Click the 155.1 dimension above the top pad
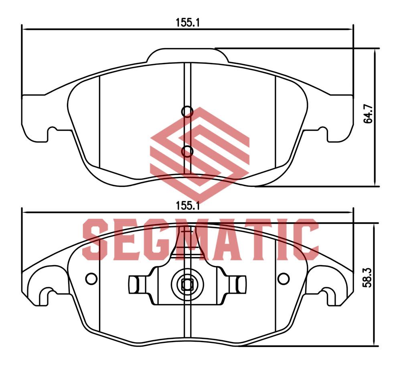point(187,23)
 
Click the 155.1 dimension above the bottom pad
point(187,206)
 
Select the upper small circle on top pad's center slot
point(187,112)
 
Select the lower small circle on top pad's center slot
point(187,151)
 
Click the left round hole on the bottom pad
point(91,278)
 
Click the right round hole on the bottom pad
point(284,278)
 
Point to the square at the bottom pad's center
point(187,285)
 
